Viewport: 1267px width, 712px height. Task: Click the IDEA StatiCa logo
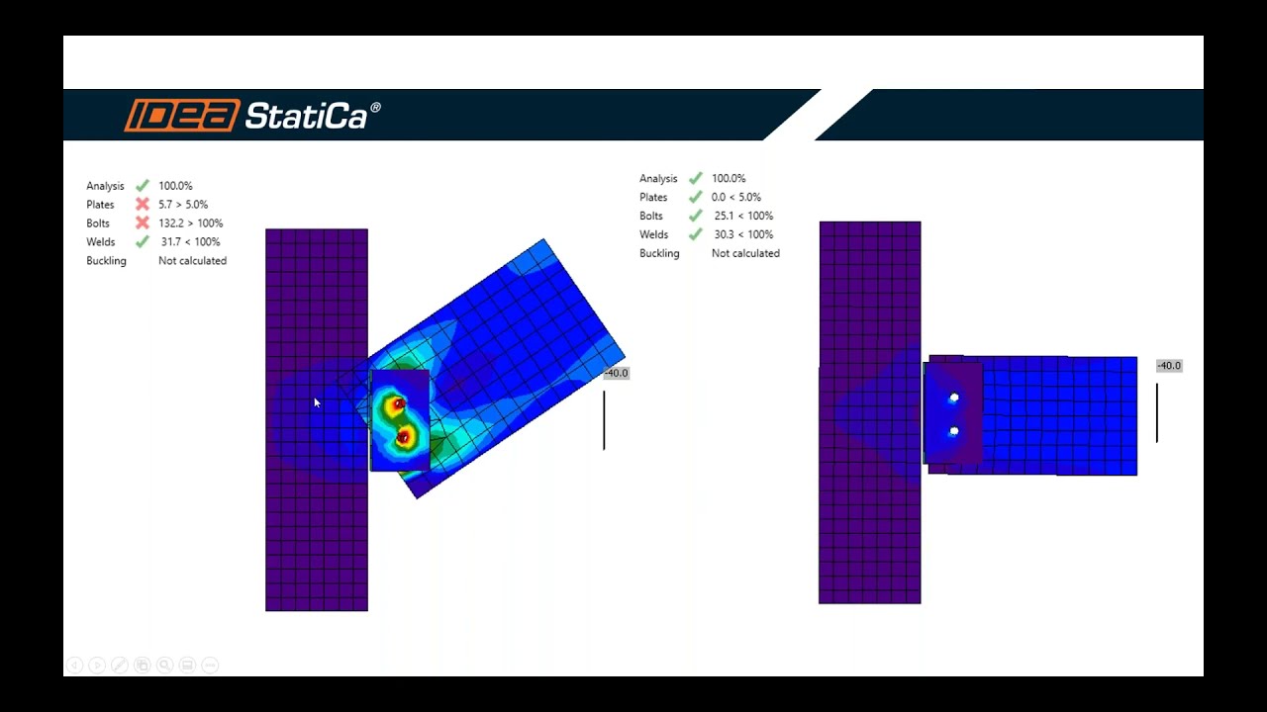251,116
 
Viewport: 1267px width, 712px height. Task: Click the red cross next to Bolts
143,223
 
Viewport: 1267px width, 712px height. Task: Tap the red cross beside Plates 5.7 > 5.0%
143,205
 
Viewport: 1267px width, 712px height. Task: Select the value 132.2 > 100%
190,223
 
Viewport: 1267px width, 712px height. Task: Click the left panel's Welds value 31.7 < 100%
190,242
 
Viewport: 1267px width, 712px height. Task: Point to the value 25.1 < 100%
743,216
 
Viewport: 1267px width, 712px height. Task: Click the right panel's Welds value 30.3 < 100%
743,234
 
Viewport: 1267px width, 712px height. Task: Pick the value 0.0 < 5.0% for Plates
735,197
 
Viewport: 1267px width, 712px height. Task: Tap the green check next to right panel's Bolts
696,216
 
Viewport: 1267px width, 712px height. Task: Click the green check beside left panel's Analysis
143,186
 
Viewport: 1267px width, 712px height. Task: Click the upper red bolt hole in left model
399,403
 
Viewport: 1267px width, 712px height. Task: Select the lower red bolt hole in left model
403,437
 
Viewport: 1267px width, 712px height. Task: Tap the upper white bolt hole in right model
954,399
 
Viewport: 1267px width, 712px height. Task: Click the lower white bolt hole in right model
953,432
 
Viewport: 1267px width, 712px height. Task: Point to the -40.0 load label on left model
616,373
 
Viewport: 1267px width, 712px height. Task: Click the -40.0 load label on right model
1169,366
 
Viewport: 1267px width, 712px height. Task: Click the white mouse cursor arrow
317,402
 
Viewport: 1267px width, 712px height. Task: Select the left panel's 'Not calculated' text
192,261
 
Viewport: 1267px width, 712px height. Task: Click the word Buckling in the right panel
659,253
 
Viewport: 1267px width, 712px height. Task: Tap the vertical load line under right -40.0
1157,413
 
